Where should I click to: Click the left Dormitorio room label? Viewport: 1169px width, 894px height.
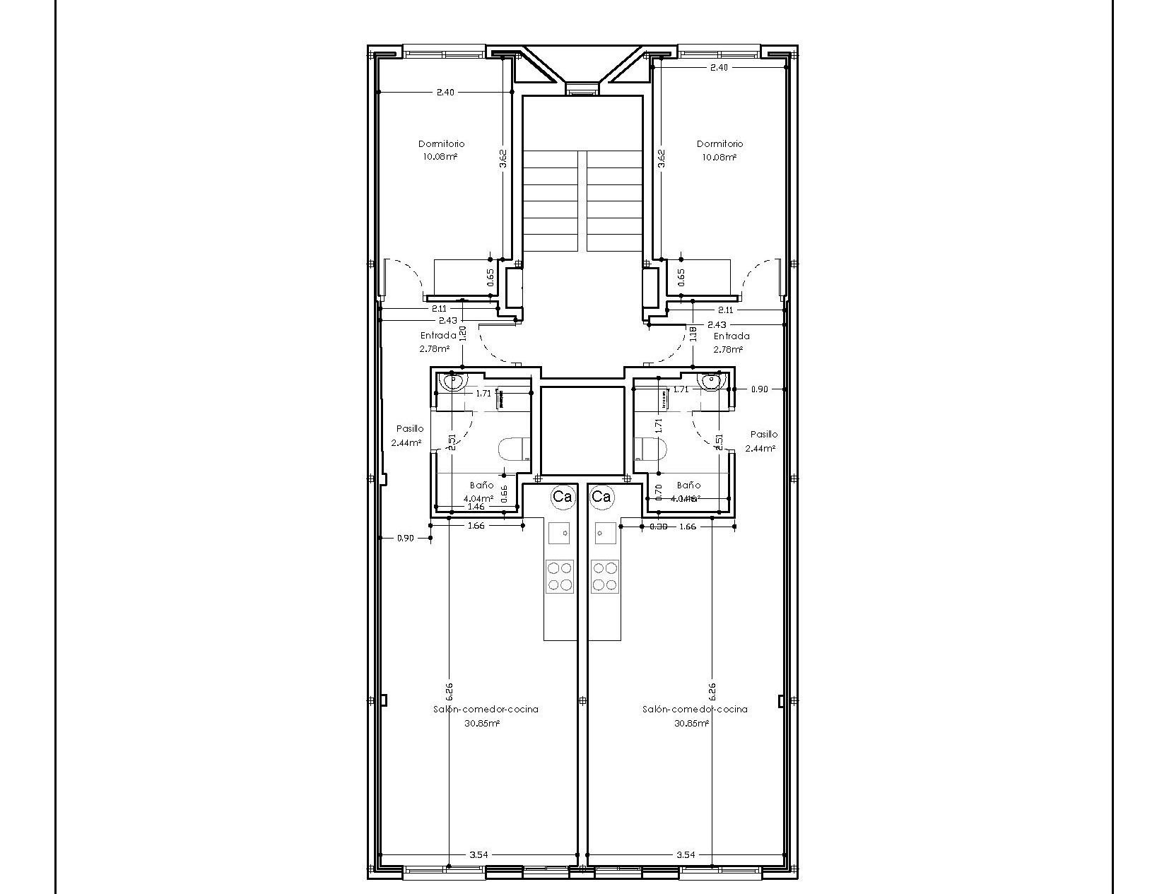tap(442, 144)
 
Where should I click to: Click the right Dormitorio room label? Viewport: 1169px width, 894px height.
tap(719, 144)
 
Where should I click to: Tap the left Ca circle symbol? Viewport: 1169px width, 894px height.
tap(563, 497)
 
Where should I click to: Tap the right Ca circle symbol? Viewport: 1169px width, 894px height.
tap(601, 497)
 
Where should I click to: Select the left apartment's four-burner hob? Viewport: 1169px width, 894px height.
tap(559, 576)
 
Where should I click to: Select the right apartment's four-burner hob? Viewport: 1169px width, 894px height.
tap(605, 576)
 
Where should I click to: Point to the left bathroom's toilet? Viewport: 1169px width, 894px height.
tap(515, 449)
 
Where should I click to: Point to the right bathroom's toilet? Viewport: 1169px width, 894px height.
tap(651, 449)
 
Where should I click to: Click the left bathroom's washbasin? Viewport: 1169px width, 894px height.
tap(452, 382)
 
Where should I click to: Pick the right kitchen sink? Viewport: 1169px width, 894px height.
tap(606, 533)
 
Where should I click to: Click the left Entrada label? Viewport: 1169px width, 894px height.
tap(438, 336)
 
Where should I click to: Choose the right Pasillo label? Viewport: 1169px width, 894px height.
tap(764, 435)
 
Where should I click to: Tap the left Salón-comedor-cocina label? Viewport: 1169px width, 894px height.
tap(486, 709)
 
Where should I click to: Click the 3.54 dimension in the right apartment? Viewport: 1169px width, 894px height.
tap(686, 854)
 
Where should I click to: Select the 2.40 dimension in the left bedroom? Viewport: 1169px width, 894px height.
tap(445, 92)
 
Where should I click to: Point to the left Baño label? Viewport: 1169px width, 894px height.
tap(482, 486)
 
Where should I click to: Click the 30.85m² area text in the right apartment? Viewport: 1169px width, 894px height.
tap(691, 723)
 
